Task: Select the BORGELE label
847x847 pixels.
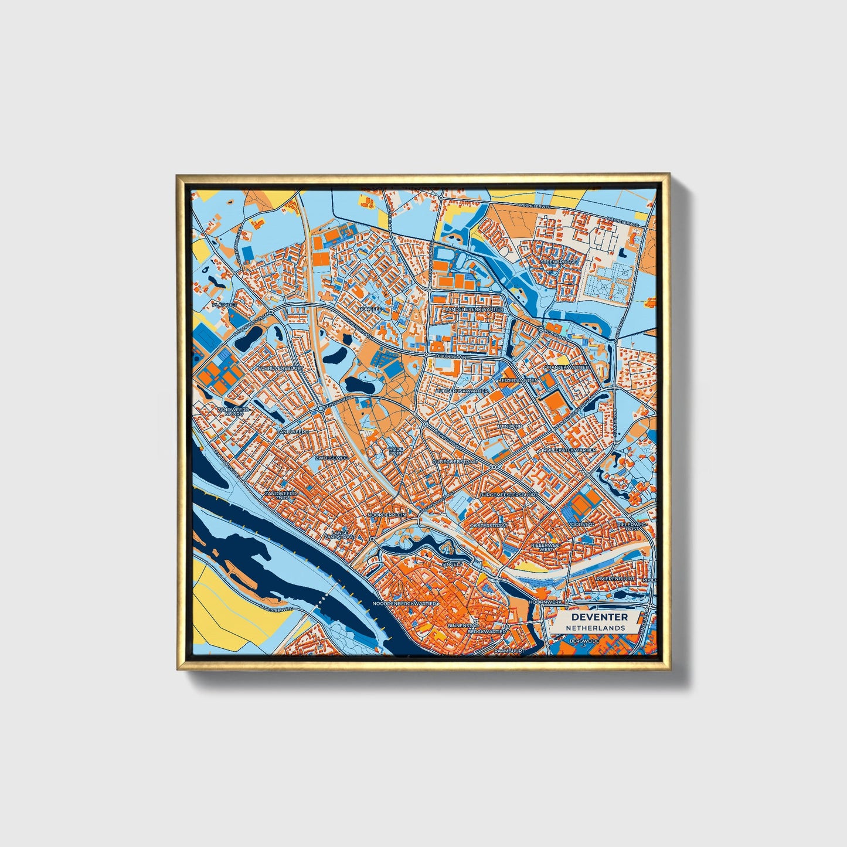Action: [x=370, y=308]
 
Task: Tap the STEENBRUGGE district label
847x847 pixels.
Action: [x=560, y=261]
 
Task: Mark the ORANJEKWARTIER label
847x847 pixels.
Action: [x=566, y=367]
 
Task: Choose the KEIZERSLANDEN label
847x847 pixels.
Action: [x=518, y=380]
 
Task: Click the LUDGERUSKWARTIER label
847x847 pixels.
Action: [x=462, y=390]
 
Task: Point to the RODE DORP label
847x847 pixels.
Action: [x=397, y=451]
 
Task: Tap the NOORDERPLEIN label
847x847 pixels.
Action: [x=386, y=515]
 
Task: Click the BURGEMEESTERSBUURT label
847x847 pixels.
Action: [x=508, y=495]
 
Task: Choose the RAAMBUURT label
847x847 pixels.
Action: [x=508, y=651]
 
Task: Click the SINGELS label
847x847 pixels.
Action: [x=453, y=564]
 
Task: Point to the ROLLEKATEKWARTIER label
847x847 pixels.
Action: [x=569, y=450]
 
